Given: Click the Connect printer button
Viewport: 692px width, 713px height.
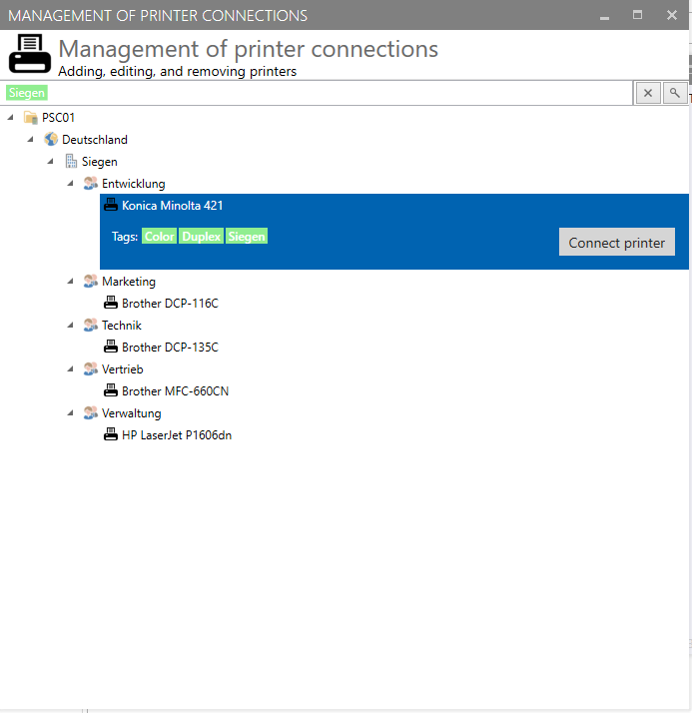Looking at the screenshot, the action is point(616,242).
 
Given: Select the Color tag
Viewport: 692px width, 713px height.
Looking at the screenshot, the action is point(159,236).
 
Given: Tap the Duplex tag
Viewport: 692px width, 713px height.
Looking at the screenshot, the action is point(201,236).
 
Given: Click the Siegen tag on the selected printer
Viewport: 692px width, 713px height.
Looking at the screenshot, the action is point(247,236).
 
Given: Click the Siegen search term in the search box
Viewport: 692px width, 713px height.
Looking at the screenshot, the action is point(27,93).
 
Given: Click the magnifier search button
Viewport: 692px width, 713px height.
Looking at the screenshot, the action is point(675,93).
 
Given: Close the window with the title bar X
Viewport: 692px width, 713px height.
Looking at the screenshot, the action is point(672,15).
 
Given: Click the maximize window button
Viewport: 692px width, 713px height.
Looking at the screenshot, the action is point(637,15).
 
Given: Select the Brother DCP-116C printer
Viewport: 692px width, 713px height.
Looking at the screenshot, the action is point(170,304).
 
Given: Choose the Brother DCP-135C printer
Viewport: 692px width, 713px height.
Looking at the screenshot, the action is point(170,348).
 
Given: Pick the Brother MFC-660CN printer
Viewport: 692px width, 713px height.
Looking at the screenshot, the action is point(175,391).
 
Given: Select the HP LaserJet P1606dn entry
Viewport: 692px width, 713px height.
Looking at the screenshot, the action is point(177,435).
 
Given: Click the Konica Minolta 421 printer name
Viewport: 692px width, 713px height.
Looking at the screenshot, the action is point(173,206).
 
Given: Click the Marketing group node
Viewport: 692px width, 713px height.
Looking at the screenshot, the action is point(129,282).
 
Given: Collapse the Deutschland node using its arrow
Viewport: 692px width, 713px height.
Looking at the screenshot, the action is point(31,139).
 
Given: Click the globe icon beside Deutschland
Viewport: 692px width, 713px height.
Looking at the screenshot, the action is point(51,139).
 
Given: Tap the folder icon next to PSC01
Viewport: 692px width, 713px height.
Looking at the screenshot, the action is point(31,117).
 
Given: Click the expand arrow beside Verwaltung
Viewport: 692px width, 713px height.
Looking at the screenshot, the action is point(71,412).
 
